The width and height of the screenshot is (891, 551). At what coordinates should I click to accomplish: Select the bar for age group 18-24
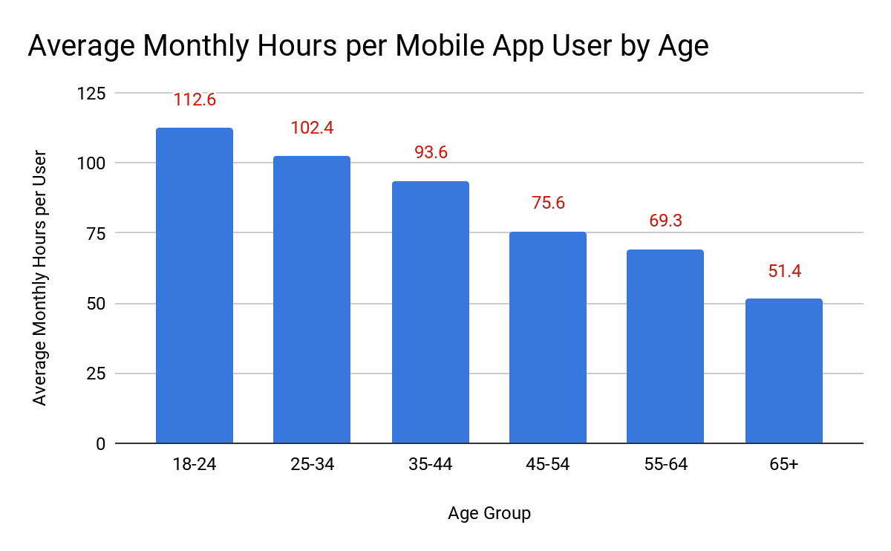(x=195, y=286)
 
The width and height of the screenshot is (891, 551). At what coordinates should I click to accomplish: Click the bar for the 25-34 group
(x=312, y=300)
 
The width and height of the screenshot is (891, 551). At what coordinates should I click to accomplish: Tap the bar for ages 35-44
(x=431, y=313)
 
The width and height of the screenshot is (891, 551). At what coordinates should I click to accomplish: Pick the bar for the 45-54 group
(x=548, y=338)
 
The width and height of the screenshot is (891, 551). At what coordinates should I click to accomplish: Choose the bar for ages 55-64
(x=665, y=347)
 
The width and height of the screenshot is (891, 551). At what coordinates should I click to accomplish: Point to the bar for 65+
(x=784, y=371)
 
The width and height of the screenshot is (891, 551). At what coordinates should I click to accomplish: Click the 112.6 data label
(x=195, y=100)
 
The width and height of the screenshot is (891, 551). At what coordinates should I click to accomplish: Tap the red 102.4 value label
(x=312, y=128)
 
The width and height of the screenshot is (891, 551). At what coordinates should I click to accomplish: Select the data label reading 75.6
(x=548, y=203)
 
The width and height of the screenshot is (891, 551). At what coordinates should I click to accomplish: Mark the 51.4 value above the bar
(x=784, y=271)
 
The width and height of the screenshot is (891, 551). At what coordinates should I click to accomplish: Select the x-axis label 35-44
(x=431, y=465)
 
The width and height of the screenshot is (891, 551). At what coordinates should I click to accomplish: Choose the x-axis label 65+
(x=784, y=465)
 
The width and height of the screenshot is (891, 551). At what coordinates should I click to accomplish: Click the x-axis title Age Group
(x=489, y=513)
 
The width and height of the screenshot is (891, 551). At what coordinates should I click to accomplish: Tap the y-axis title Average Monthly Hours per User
(x=40, y=278)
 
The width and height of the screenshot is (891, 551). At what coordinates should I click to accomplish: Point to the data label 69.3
(x=665, y=221)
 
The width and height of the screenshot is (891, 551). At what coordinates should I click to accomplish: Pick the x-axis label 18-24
(x=195, y=465)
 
